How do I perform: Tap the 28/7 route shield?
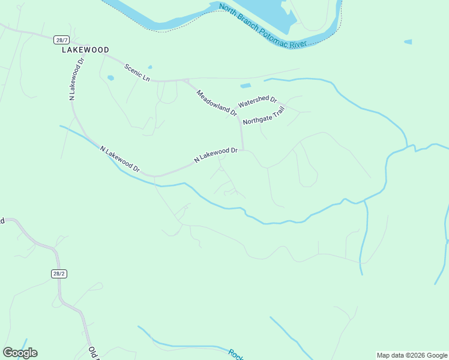point(61,40)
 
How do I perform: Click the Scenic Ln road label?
point(137,72)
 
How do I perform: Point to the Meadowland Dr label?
point(217,101)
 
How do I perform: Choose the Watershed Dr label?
point(257,102)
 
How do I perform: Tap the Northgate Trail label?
point(263,115)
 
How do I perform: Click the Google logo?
point(20,353)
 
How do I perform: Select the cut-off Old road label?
point(93,353)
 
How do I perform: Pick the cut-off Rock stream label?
point(236,354)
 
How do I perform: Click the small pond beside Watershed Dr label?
point(246,86)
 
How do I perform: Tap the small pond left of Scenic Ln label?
point(110,77)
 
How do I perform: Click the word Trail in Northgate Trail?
point(276,111)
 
